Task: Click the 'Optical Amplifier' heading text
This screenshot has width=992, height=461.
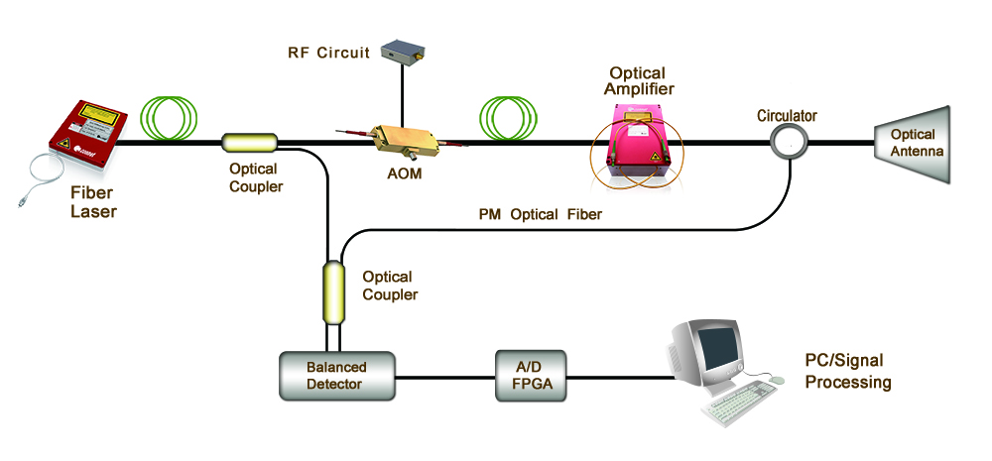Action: (x=638, y=81)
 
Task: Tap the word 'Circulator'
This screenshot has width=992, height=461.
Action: (x=787, y=116)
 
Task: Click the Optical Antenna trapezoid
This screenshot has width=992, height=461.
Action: (x=911, y=143)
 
